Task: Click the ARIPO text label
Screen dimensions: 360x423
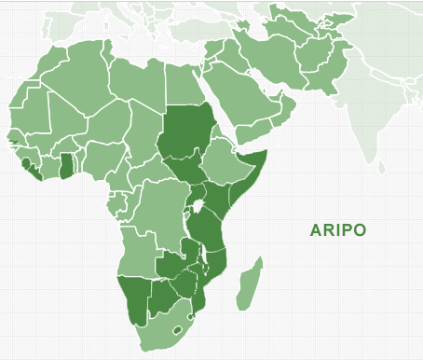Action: pyautogui.click(x=338, y=230)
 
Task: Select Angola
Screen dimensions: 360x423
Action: pyautogui.click(x=136, y=251)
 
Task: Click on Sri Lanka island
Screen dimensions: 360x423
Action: pyautogui.click(x=382, y=166)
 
